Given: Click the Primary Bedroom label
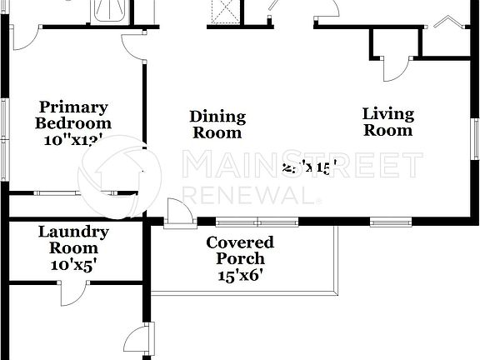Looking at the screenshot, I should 72,115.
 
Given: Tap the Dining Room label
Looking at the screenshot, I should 217,124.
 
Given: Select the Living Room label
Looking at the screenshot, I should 387,122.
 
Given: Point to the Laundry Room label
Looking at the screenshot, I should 72,240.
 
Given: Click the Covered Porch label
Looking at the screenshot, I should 240,251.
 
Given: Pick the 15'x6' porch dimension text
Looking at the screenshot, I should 240,277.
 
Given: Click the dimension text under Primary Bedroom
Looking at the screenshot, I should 72,141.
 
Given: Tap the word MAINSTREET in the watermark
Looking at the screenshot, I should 302,165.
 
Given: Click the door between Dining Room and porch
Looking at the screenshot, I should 177,213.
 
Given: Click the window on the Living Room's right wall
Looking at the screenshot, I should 475,138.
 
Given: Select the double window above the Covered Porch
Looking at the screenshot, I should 257,222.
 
